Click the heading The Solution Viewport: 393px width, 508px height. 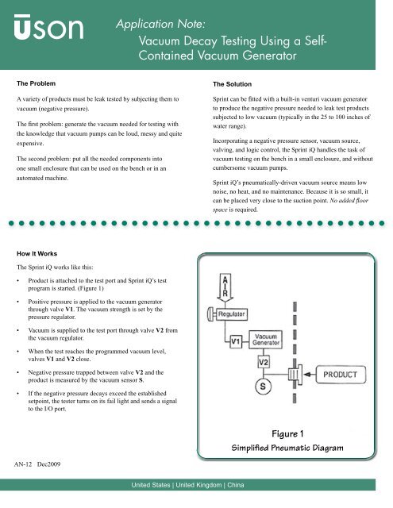tap(234, 83)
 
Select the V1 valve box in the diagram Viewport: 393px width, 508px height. tap(237, 344)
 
